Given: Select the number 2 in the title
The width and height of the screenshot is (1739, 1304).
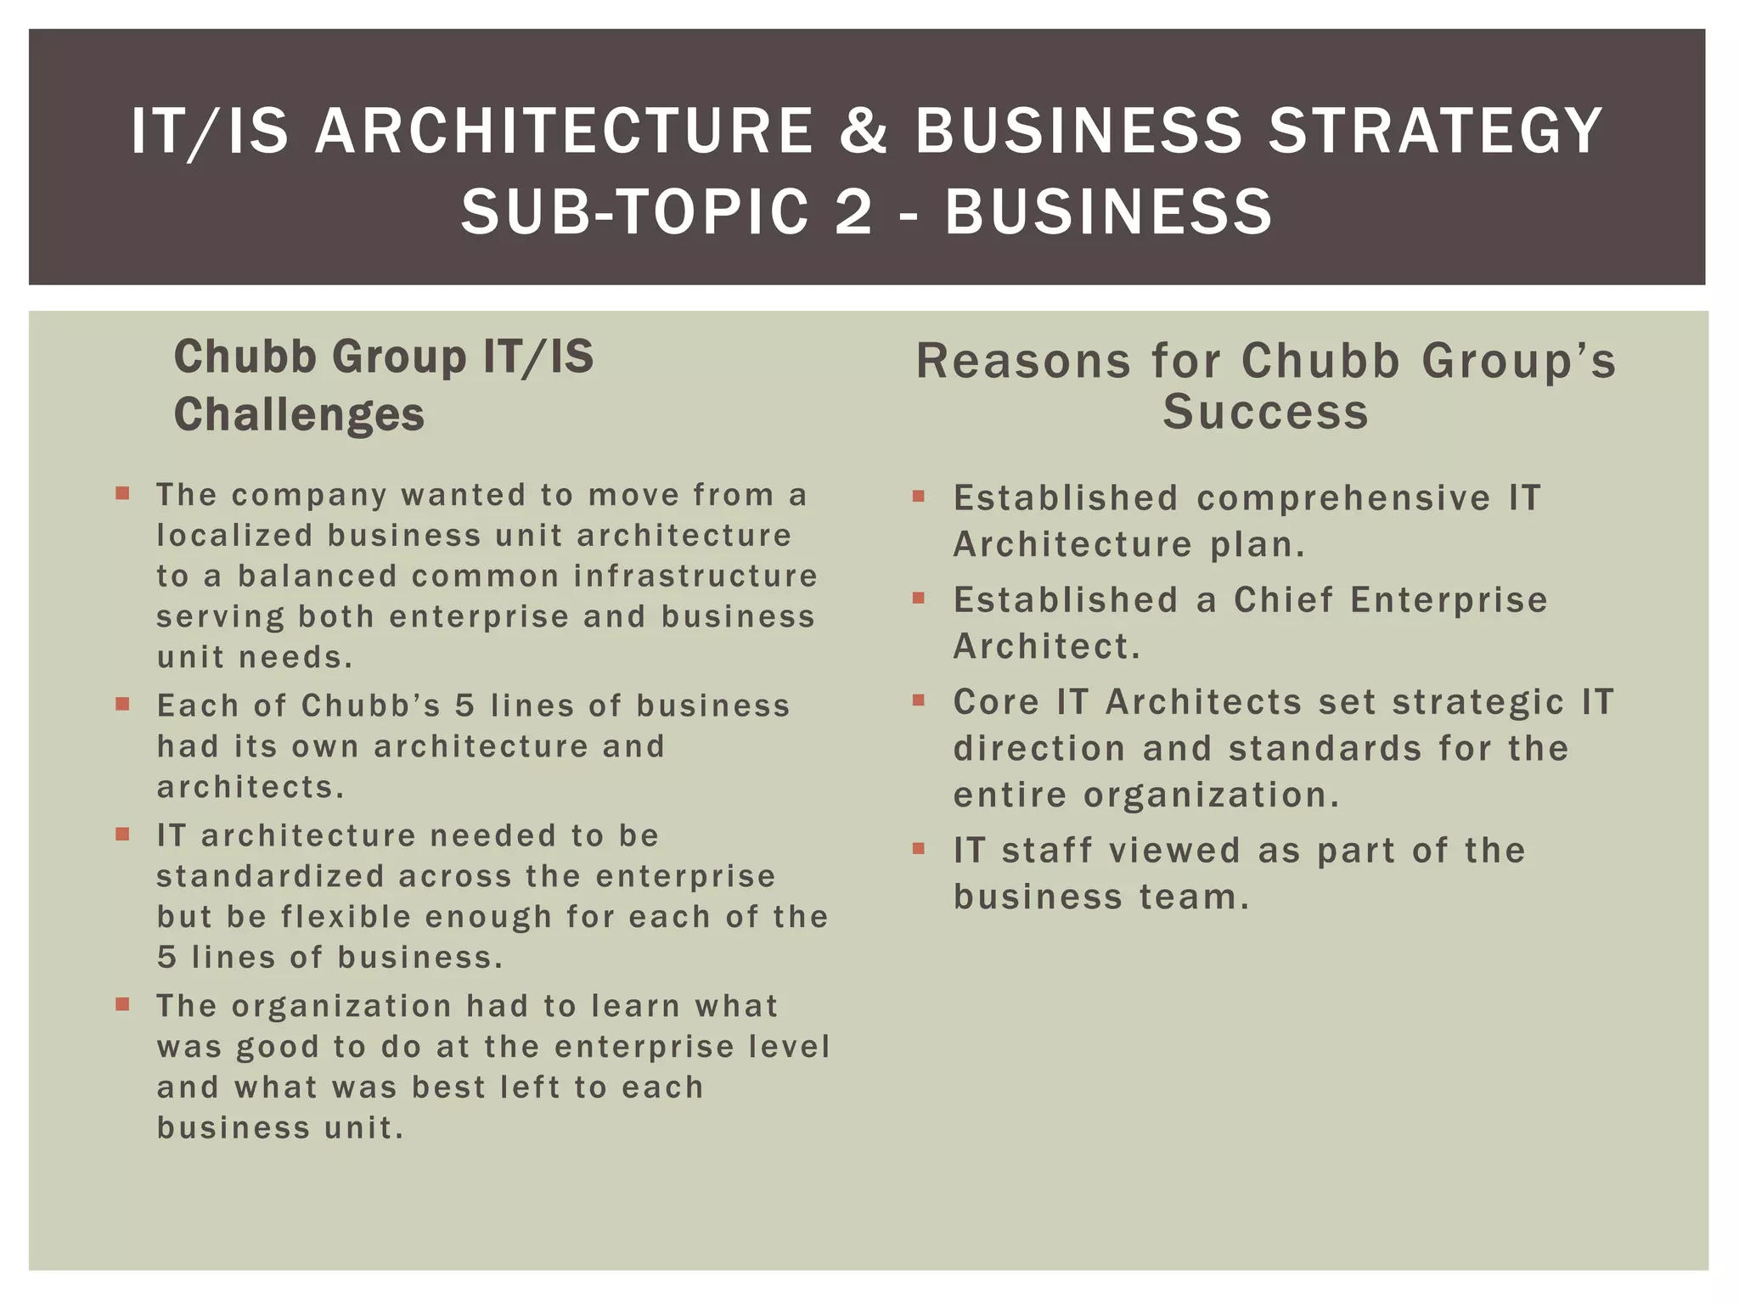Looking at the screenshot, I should point(853,211).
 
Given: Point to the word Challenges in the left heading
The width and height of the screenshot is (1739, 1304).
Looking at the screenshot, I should point(299,415).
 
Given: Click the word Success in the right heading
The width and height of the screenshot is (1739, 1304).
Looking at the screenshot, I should point(1265,413).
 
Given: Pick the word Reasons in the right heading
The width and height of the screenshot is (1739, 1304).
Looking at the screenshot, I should point(1023,361).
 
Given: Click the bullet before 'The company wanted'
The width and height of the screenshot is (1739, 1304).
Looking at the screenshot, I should point(123,493).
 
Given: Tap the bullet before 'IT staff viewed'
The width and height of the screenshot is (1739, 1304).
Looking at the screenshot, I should point(918,848).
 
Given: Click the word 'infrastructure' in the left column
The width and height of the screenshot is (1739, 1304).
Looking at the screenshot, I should point(695,576).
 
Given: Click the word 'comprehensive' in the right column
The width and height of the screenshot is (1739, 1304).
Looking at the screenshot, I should point(1343,498).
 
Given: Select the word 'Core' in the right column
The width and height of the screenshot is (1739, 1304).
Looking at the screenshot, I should point(995,702).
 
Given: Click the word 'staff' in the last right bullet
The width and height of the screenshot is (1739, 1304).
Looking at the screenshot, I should point(1046,851).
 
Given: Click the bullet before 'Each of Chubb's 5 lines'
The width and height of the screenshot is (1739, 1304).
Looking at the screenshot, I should point(123,704).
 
